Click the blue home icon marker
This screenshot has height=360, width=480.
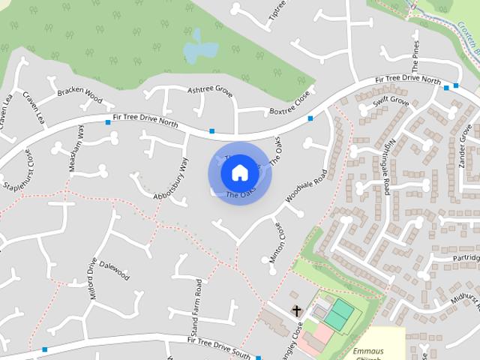239,173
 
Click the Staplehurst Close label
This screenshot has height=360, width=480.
19,170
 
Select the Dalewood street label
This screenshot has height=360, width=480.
115,271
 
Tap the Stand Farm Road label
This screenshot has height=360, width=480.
196,307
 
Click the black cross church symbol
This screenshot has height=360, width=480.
296,310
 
